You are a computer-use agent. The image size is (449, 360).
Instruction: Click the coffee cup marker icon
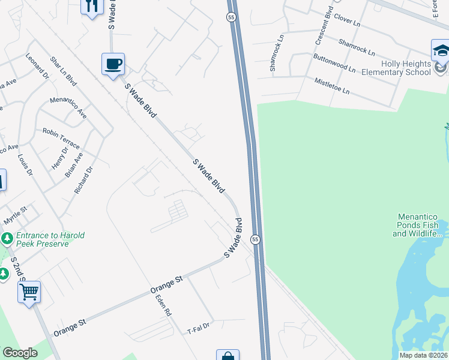tap(112, 64)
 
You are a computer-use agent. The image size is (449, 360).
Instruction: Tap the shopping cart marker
tap(29, 292)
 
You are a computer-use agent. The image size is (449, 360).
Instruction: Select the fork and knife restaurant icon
tap(92, 6)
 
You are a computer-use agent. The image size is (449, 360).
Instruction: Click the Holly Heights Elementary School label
tap(396, 68)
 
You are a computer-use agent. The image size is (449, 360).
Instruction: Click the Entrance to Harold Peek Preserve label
tap(50, 239)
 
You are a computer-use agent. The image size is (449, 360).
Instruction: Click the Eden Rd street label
tap(163, 305)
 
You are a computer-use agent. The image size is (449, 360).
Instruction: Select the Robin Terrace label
tap(61, 137)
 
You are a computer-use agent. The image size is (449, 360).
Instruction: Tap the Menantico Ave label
tap(68, 107)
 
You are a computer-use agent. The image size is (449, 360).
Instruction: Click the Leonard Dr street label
tap(37, 65)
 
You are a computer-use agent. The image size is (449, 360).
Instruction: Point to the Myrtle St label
tap(16, 211)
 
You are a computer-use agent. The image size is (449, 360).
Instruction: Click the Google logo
tap(20, 353)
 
